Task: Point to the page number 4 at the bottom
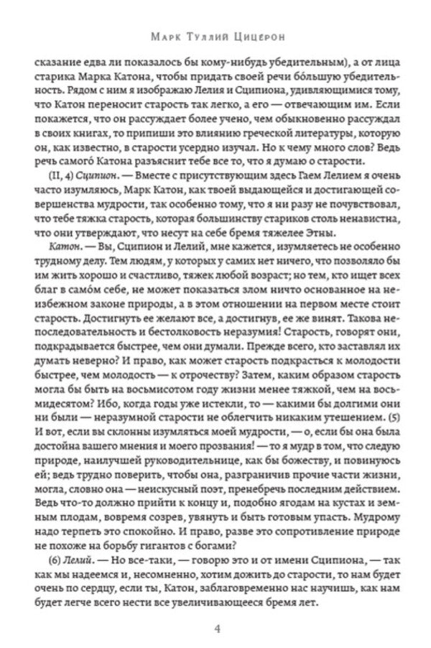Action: [x=216, y=629]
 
